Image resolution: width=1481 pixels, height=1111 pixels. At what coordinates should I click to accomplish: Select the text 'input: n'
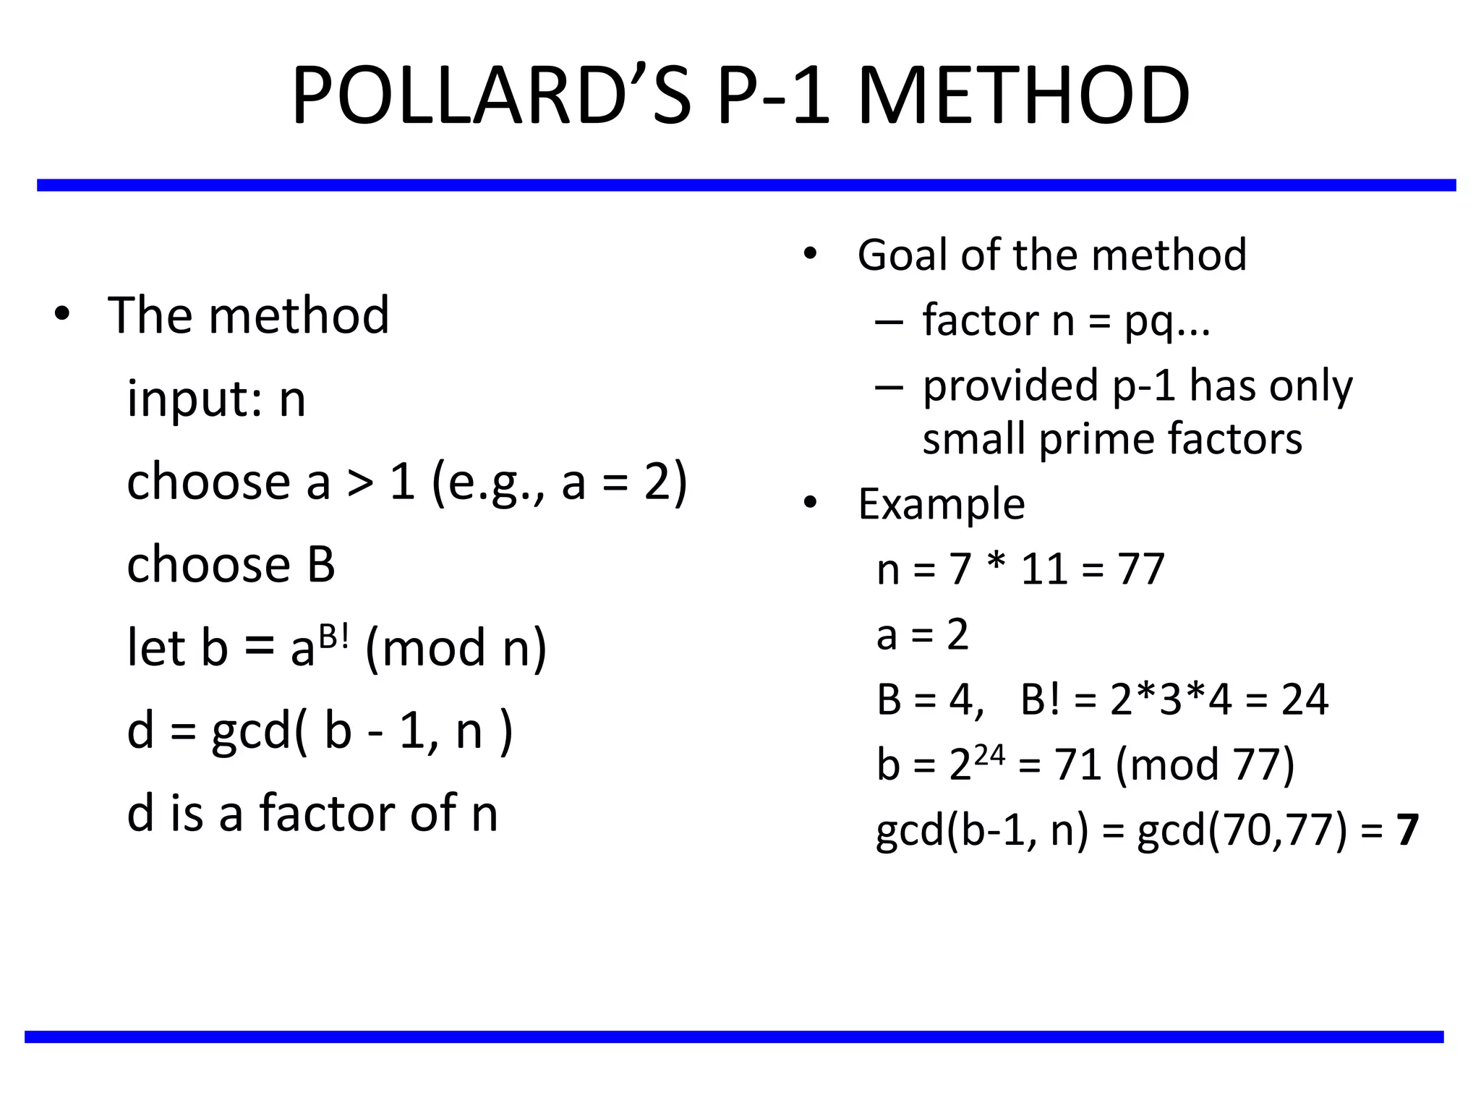216,399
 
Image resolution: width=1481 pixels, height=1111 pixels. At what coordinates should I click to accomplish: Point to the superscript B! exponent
334,637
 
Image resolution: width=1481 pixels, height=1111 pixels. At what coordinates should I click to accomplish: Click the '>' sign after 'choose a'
359,483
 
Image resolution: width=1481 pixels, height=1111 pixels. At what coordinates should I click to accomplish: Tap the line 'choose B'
231,564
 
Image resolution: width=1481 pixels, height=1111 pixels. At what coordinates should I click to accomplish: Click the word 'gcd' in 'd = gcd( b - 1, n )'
251,731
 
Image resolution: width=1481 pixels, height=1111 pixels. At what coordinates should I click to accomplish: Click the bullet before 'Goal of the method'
810,254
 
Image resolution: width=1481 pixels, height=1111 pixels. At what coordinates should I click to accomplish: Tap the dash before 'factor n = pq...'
889,320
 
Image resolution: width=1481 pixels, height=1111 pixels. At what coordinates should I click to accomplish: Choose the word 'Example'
942,503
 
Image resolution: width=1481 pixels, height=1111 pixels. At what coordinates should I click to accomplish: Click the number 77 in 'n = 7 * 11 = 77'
1140,569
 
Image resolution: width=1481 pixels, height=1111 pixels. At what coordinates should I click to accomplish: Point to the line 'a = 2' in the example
922,634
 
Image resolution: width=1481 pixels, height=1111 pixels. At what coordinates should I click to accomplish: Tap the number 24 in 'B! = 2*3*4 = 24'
1305,699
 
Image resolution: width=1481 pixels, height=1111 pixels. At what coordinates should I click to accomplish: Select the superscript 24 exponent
989,756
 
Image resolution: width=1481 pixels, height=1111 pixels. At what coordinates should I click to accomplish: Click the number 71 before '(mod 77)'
1077,765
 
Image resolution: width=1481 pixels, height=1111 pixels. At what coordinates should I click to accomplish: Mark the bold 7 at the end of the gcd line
1407,830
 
